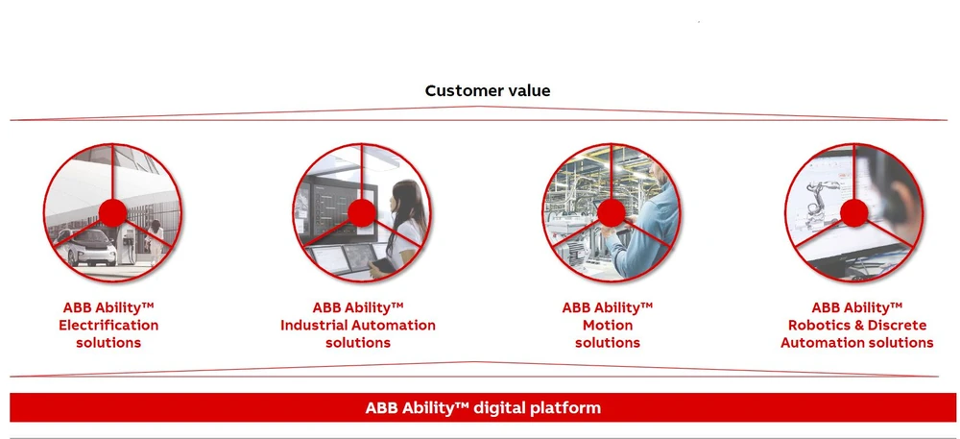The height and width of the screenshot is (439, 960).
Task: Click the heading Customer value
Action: pos(488,90)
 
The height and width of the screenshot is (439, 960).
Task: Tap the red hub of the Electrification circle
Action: pos(112,213)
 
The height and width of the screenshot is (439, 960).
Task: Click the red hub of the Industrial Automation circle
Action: pos(362,213)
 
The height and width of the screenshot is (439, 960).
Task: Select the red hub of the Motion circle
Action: pos(611,213)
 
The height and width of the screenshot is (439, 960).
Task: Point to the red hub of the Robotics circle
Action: pos(854,213)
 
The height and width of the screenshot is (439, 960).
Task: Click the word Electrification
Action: pos(108,325)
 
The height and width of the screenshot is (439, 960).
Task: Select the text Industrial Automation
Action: pos(358,325)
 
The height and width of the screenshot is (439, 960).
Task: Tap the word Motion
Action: pos(608,325)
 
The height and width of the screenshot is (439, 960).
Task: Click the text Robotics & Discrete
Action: pos(857,325)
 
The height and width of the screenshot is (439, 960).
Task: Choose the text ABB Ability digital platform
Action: pos(483,407)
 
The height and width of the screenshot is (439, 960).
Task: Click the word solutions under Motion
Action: pos(608,343)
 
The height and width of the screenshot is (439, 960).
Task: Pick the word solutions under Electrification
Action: pos(108,343)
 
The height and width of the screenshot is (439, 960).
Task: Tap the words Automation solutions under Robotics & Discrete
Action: pos(857,343)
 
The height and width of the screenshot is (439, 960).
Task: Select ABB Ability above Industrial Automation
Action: pos(358,307)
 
